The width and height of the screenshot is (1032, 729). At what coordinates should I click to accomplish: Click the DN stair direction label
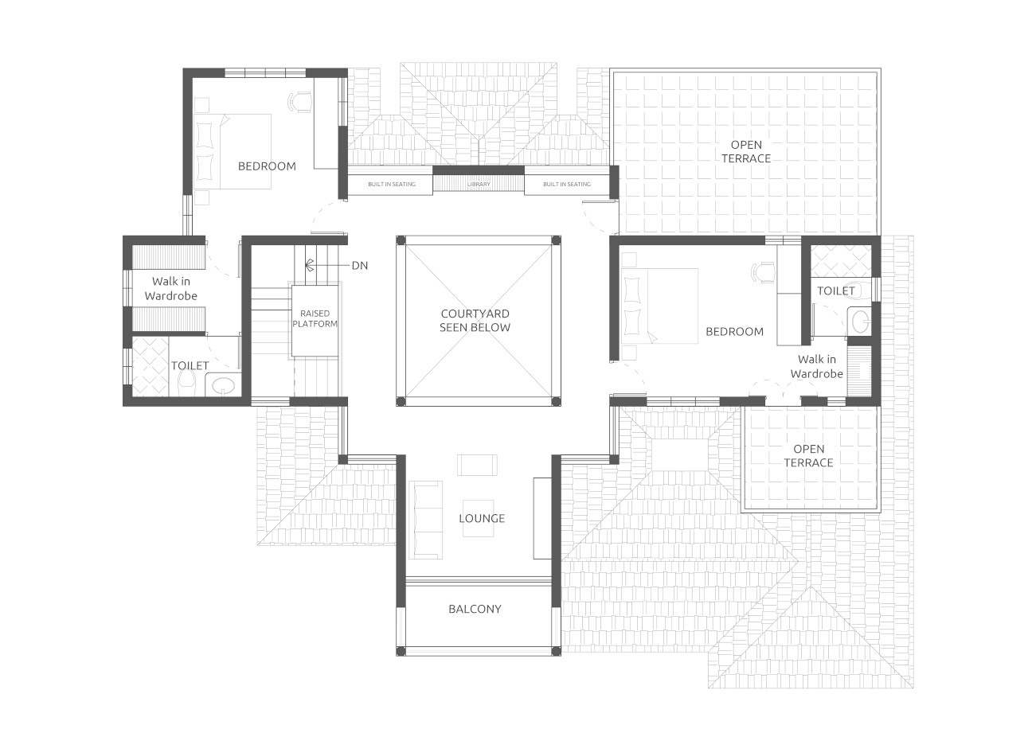[360, 265]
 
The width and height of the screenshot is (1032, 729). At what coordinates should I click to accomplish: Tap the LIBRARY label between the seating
[479, 185]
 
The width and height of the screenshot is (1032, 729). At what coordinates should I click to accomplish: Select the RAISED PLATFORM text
[315, 318]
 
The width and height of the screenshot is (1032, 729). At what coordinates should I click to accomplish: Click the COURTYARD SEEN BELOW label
[475, 320]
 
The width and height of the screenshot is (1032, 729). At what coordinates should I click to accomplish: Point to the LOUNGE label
[482, 518]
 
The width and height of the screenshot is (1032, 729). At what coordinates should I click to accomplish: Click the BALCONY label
[475, 609]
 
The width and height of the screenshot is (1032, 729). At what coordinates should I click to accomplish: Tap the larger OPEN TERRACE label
[746, 151]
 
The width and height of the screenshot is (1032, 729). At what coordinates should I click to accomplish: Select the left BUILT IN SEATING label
[392, 185]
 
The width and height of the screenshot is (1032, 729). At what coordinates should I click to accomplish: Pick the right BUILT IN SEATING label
[567, 185]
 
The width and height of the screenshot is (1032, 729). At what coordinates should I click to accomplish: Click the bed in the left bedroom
[233, 151]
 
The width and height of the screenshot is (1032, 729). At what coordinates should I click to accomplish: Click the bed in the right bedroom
[660, 305]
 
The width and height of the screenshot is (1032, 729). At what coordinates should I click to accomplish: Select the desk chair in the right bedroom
[762, 272]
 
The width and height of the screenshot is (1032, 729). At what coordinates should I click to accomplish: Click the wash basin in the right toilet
[860, 322]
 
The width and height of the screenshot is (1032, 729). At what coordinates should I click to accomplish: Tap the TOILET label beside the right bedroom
[836, 290]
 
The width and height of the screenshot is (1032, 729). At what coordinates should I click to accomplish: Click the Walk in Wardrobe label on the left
[170, 288]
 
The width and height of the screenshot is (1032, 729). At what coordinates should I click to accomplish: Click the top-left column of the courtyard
[401, 240]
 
